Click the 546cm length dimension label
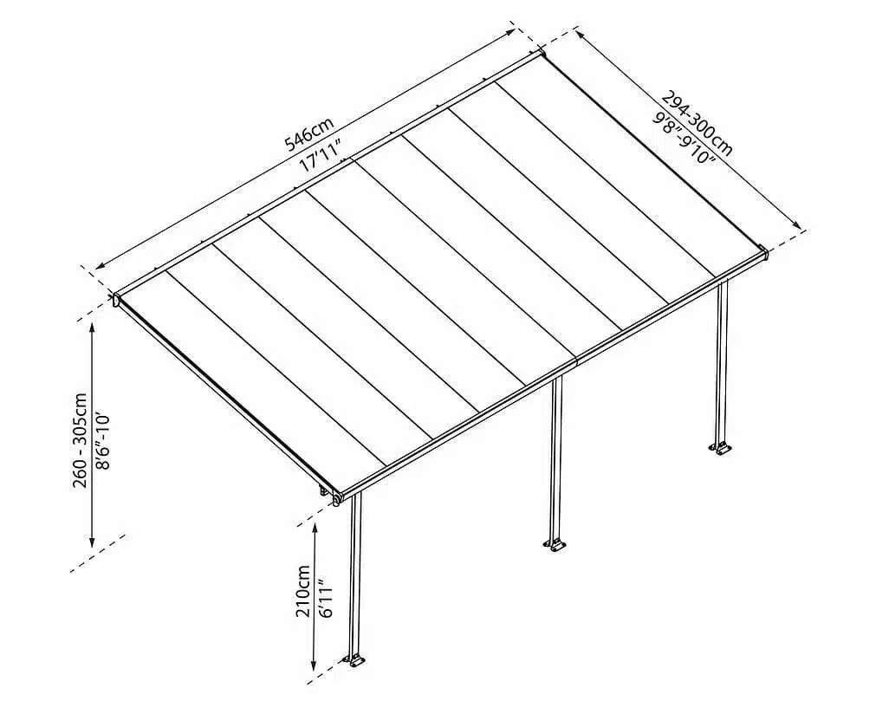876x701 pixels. tap(309, 134)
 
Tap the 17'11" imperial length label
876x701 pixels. tap(321, 156)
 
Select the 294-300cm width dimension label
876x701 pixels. tap(697, 122)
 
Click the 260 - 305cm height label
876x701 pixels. tap(80, 440)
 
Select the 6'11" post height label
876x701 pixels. tap(327, 598)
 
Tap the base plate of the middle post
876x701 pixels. tap(555, 545)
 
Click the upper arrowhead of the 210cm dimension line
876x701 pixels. tap(315, 529)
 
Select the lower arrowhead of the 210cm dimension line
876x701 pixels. tap(315, 665)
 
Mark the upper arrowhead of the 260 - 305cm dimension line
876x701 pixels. tap(92, 329)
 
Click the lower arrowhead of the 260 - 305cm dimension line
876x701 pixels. tap(92, 541)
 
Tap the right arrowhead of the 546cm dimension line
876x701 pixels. tap(510, 31)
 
